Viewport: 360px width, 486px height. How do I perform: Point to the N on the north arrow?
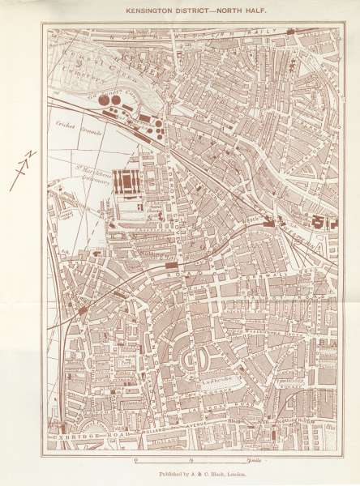pos(25,156)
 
